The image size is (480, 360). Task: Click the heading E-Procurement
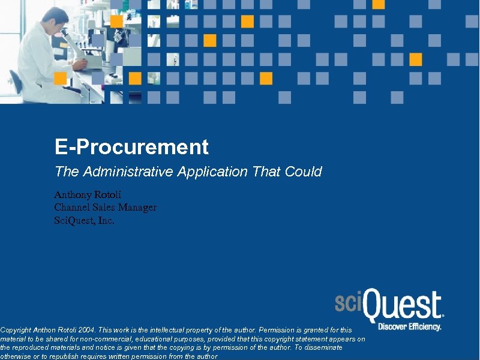(131, 147)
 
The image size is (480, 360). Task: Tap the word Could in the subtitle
(304, 172)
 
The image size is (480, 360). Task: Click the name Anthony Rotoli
(87, 194)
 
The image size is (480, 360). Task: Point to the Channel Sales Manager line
(105, 208)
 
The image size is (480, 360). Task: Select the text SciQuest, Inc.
(84, 220)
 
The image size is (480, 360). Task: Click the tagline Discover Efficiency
(409, 327)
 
